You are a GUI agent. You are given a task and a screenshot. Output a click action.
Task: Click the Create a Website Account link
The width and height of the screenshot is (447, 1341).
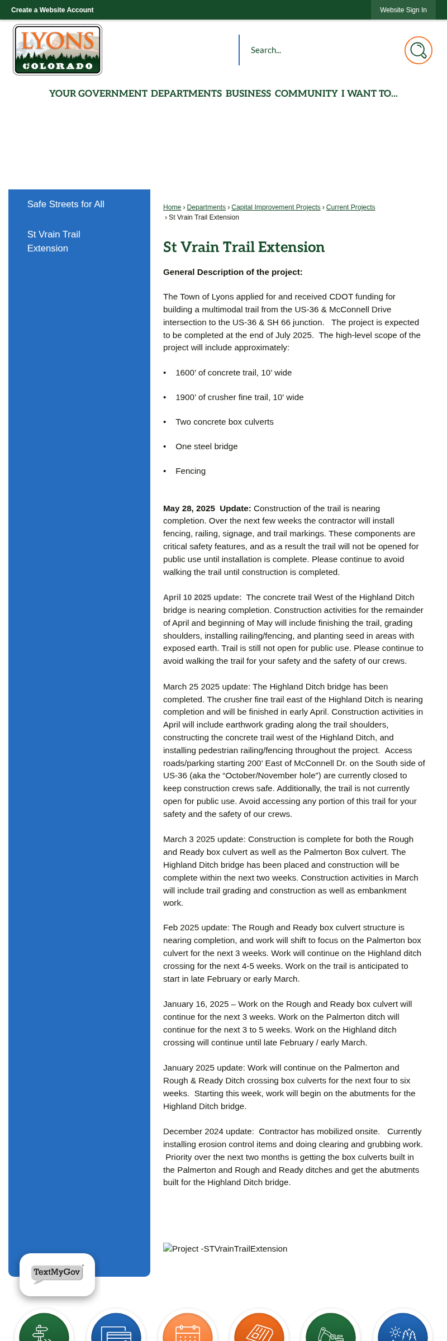click(52, 10)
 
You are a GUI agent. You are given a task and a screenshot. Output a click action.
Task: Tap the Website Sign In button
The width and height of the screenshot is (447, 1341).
click(403, 10)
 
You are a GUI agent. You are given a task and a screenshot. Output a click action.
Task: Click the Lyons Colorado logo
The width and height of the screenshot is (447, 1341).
click(58, 50)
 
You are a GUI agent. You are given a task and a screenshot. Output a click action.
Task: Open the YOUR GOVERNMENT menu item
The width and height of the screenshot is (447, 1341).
click(98, 94)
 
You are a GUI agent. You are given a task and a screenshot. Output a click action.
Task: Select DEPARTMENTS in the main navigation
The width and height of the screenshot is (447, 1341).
click(186, 94)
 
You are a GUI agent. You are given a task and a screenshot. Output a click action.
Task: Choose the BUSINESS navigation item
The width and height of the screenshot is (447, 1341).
click(248, 94)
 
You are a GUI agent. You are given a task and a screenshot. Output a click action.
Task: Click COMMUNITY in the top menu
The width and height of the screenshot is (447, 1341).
click(306, 94)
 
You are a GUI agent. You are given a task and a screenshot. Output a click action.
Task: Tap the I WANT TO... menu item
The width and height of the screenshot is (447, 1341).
click(369, 94)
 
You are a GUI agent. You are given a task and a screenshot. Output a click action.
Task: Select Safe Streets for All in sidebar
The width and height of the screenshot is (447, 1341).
click(66, 205)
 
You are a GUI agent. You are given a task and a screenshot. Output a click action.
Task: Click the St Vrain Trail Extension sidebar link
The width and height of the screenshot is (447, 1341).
click(54, 241)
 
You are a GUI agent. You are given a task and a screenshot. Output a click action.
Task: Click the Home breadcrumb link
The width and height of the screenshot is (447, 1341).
click(172, 207)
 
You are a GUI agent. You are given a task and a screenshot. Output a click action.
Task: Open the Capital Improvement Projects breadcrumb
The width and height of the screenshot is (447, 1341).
click(276, 207)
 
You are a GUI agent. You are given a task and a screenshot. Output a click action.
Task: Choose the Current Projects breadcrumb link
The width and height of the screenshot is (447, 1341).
click(350, 207)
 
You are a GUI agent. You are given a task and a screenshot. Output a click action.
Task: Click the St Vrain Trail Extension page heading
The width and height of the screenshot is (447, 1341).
click(244, 247)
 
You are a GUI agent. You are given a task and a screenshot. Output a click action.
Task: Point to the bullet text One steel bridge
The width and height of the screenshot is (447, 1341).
click(207, 446)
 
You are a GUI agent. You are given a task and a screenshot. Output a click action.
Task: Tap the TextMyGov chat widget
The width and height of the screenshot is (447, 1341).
click(57, 1273)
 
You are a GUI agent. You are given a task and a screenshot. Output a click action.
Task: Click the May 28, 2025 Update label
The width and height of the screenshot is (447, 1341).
click(207, 508)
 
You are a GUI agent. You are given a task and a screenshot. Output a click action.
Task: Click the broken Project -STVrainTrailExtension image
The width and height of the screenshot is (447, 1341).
click(225, 1249)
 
